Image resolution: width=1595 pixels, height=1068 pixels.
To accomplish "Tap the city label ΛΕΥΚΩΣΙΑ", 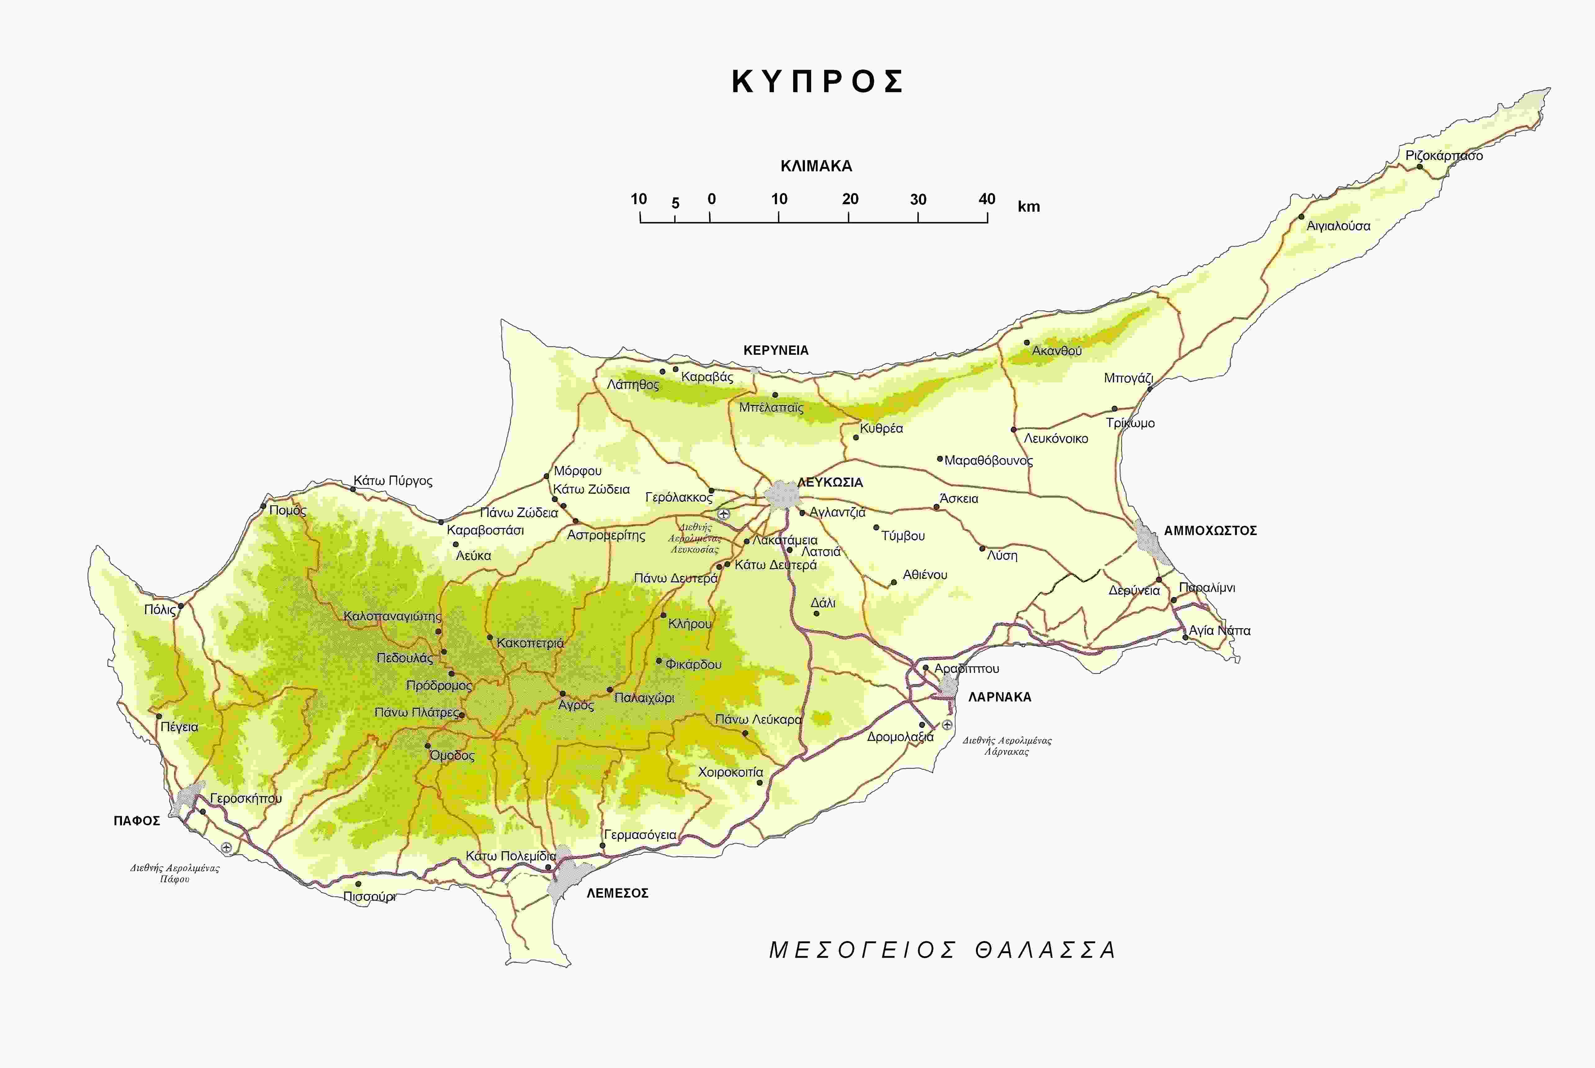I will (830, 482).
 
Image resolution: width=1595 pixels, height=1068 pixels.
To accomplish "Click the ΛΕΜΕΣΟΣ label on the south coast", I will (617, 893).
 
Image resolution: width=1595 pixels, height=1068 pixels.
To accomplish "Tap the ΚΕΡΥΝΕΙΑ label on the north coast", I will (776, 350).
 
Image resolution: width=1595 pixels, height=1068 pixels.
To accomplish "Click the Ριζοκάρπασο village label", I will (1444, 155).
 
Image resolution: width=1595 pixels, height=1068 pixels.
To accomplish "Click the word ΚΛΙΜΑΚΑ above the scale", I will (816, 165).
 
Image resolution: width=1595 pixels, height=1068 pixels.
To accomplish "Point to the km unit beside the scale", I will (1028, 206).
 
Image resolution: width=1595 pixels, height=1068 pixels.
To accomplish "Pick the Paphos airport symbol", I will (226, 847).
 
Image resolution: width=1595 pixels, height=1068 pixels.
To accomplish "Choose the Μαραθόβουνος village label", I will (988, 460).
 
